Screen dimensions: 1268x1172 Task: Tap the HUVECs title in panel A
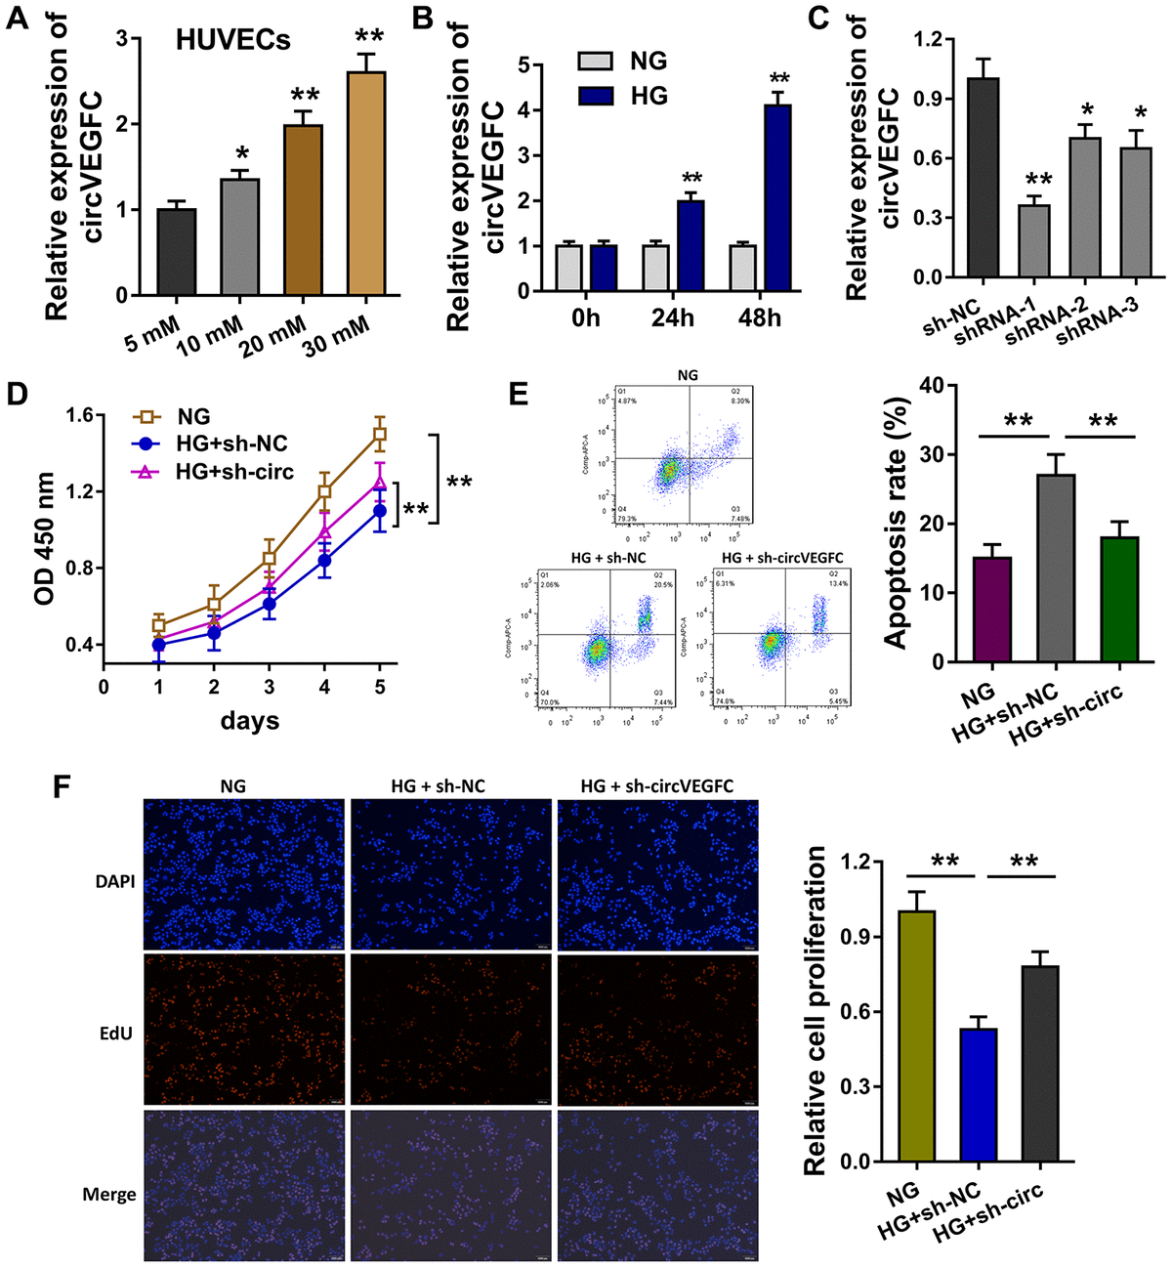tap(233, 41)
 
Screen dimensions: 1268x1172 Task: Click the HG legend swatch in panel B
tap(595, 96)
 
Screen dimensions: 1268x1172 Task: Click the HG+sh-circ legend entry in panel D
tap(234, 471)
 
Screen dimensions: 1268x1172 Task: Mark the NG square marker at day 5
tap(380, 435)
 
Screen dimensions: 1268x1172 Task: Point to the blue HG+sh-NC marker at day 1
tap(157, 645)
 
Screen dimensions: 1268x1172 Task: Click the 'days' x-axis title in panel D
tap(250, 722)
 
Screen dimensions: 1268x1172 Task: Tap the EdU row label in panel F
tap(116, 1033)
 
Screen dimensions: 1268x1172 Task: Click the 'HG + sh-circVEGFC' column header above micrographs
tap(656, 785)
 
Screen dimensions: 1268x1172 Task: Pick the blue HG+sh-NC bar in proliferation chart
tap(978, 1095)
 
